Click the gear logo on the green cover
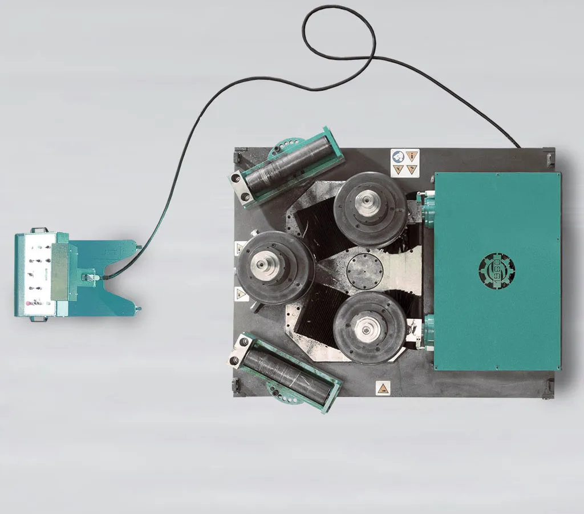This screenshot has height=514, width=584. [496, 270]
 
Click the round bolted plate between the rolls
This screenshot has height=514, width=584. [362, 270]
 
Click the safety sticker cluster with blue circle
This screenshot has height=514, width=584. [405, 162]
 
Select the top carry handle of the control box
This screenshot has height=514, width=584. [38, 230]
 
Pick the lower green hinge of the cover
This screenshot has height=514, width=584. [428, 331]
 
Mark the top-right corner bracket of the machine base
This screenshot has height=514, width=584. [549, 155]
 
